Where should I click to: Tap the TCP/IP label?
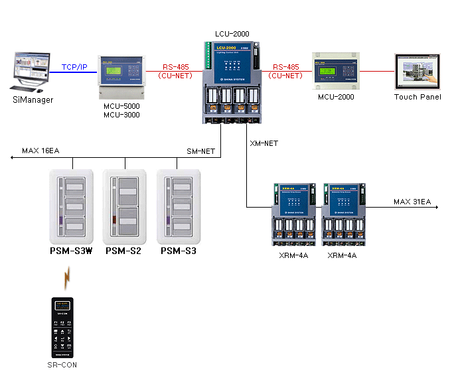tap(74, 67)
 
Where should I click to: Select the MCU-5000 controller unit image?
tap(122, 76)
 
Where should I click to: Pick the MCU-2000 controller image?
tap(335, 72)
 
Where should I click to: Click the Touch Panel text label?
tap(417, 97)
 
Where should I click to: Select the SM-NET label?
tap(200, 152)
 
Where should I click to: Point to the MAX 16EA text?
tap(40, 151)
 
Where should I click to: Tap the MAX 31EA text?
tap(412, 201)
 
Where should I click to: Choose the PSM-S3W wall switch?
tap(74, 206)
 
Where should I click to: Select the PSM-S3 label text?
tap(179, 251)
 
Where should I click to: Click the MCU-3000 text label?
tap(122, 115)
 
